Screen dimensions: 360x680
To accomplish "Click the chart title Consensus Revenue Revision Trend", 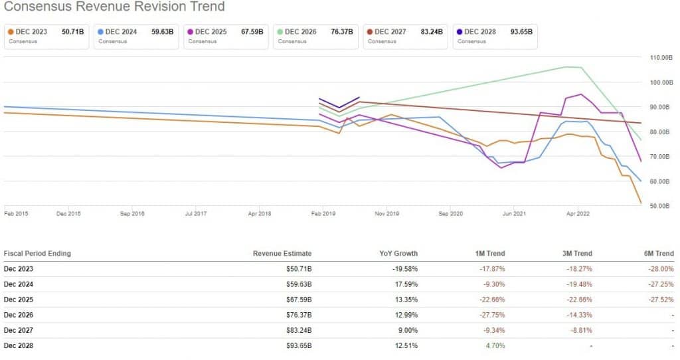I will [114, 7].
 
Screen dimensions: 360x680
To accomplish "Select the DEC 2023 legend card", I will [46, 36].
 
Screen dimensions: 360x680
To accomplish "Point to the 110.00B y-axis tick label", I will [661, 58].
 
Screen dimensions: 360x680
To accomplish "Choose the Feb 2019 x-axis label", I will [323, 214].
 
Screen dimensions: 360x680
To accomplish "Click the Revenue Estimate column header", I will [282, 254].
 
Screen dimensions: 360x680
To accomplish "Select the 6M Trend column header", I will [655, 254].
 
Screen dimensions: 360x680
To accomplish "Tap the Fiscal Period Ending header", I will [37, 254].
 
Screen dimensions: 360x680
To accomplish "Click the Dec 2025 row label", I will [19, 300].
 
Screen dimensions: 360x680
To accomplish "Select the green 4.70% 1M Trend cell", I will [495, 345].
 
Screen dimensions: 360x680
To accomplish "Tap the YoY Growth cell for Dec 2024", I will [403, 284].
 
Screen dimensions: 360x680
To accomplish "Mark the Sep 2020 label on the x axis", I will [451, 214].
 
